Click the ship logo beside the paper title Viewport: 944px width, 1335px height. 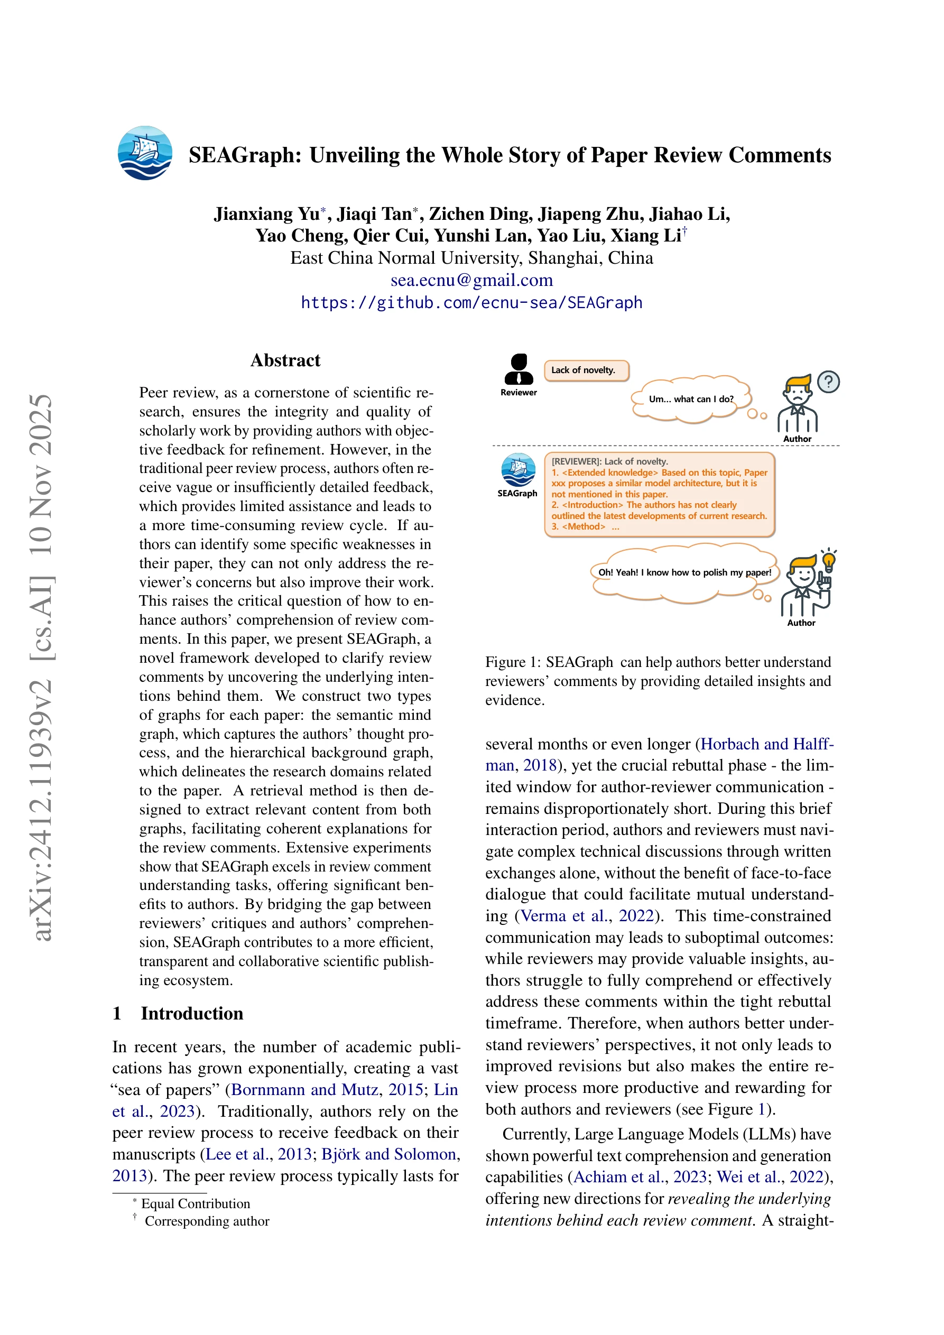click(x=145, y=153)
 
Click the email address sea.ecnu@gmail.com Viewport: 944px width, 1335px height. click(x=471, y=280)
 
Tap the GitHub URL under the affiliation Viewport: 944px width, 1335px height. click(x=471, y=303)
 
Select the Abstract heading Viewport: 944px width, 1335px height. click(x=285, y=360)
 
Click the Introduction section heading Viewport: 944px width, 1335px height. click(x=191, y=1014)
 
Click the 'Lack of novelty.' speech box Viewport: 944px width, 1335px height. click(x=586, y=370)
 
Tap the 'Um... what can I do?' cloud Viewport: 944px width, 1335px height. click(x=691, y=400)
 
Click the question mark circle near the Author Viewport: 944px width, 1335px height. click(x=828, y=382)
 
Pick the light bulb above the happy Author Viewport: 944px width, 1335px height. click(x=829, y=562)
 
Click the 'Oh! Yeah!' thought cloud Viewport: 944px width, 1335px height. click(x=684, y=573)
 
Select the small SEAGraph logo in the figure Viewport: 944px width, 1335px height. click(x=518, y=470)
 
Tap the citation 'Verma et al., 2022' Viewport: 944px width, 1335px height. click(x=587, y=916)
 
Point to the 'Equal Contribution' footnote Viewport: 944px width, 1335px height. click(x=196, y=1203)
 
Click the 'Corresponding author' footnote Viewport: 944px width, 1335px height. click(x=207, y=1221)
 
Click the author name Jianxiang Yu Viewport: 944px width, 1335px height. click(x=266, y=214)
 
